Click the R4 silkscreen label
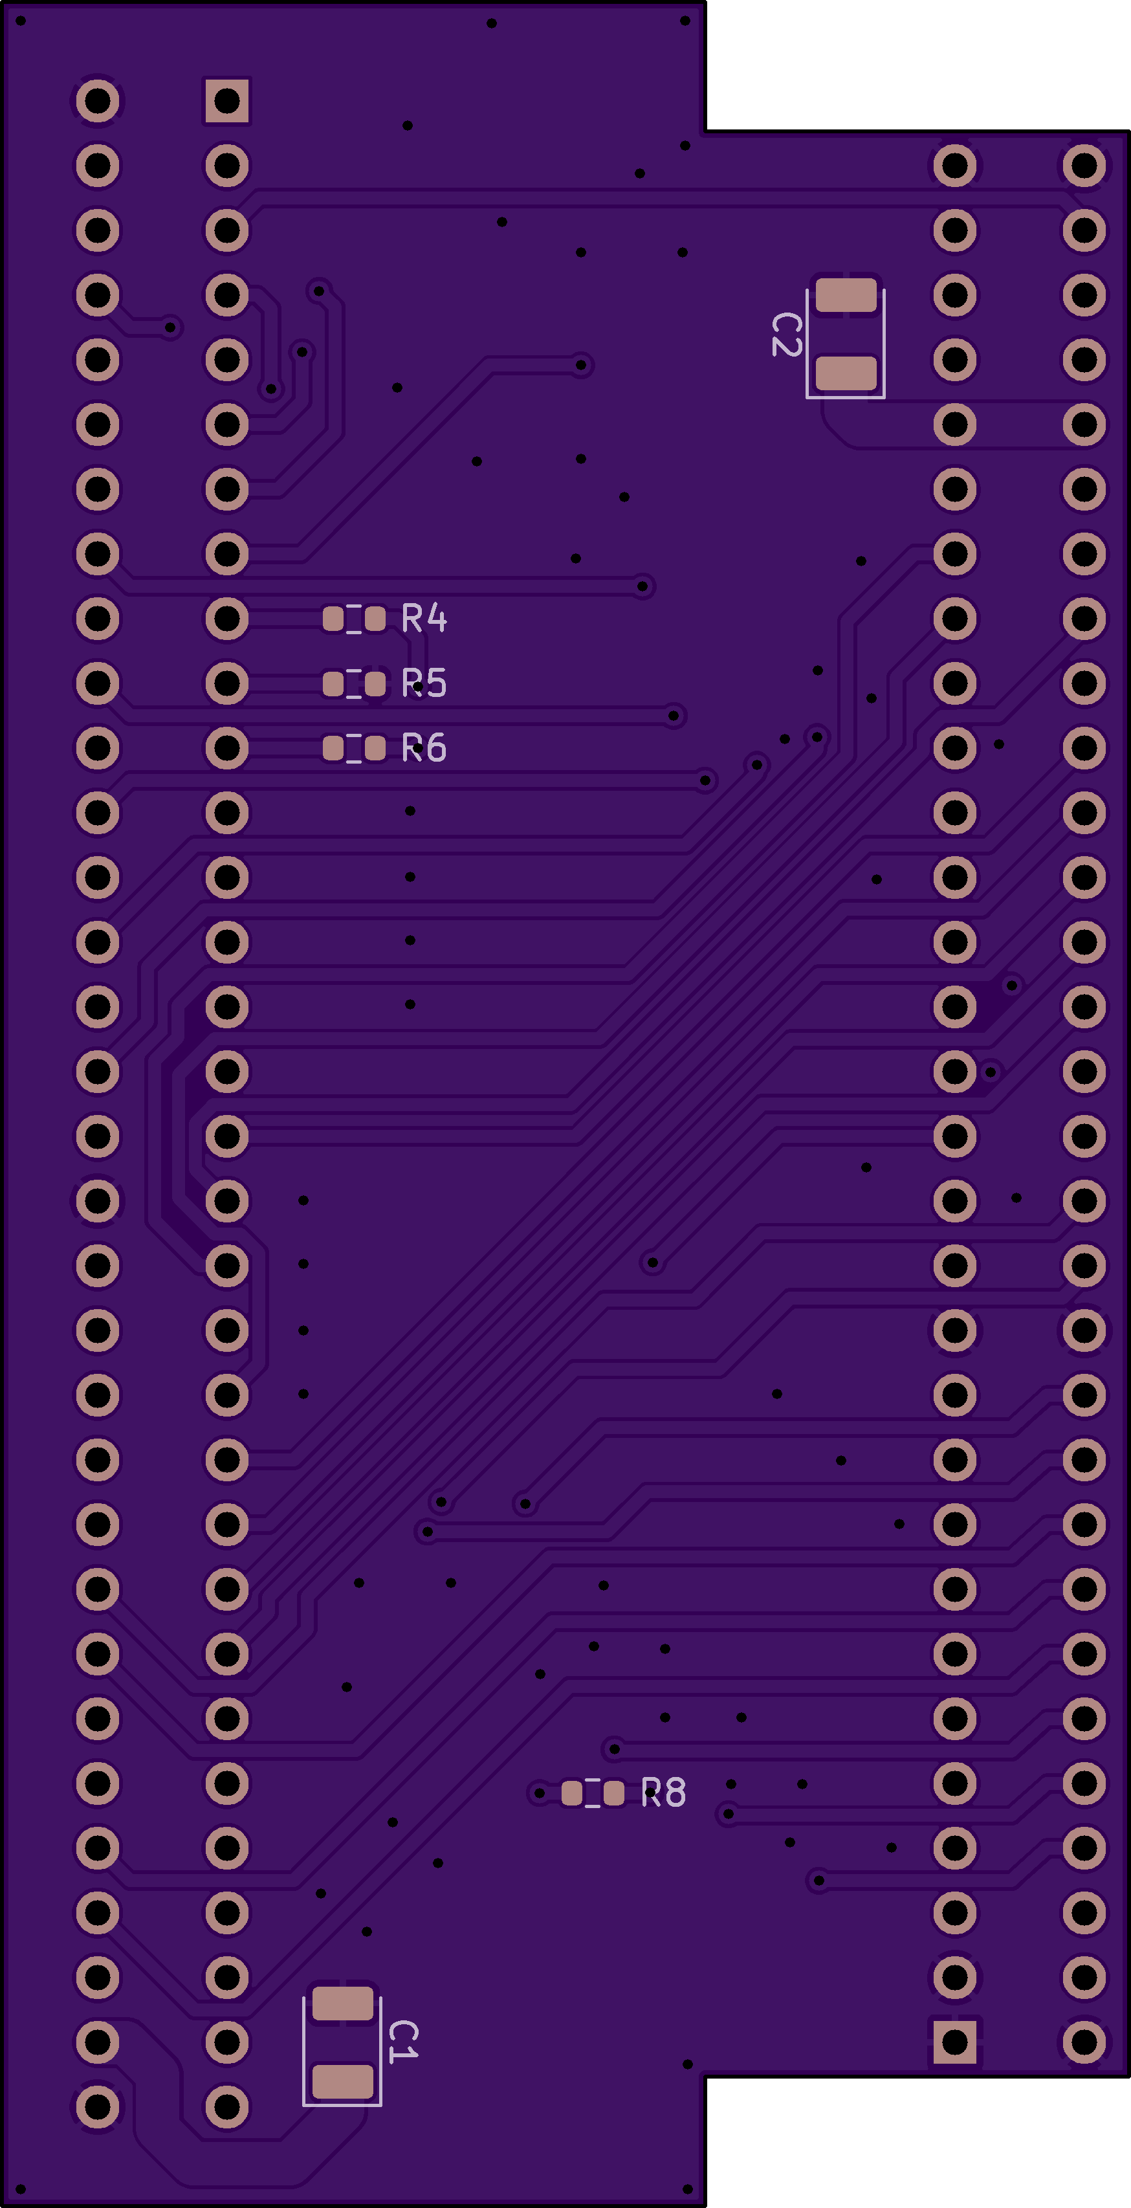coord(424,618)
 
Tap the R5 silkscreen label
coord(424,683)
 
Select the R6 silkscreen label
coord(424,748)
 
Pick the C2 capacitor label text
coord(787,335)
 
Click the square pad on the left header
coord(227,101)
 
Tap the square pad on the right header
coord(954,2042)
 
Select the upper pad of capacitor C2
coord(846,296)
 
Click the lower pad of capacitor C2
coord(846,373)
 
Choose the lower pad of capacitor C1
coord(343,2081)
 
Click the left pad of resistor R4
coord(333,618)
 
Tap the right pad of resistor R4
coord(375,618)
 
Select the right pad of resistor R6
coord(375,748)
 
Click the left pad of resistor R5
coord(333,683)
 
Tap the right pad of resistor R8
coord(613,1793)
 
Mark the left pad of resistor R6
coord(333,748)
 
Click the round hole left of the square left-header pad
coord(98,101)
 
